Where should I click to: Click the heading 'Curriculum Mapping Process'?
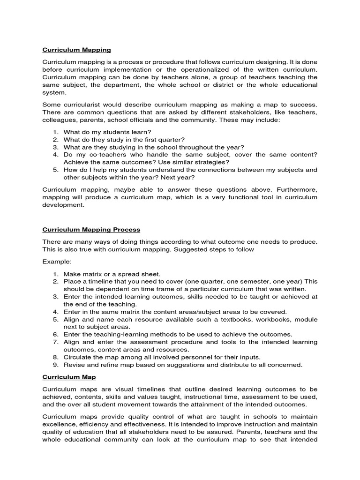click(91, 230)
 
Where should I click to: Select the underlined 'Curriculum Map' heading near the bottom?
click(69, 376)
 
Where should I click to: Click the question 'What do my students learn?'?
click(107, 132)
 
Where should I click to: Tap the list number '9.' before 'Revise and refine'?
click(55, 365)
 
